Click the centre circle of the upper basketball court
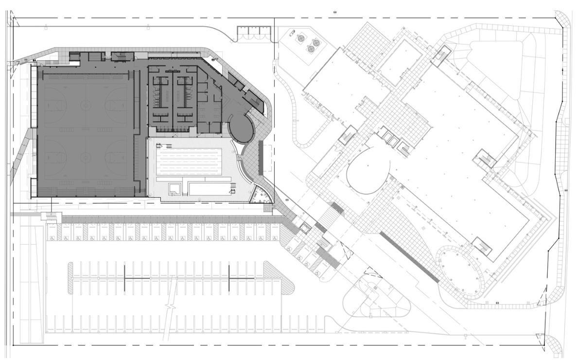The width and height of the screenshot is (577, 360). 86,104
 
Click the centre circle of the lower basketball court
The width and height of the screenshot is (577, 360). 86,157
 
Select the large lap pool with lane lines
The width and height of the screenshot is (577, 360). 189,160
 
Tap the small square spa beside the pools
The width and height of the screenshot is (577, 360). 174,188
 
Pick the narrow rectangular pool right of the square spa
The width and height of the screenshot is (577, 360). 208,188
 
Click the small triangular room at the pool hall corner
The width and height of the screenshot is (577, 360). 258,196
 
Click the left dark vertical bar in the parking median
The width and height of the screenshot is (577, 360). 124,278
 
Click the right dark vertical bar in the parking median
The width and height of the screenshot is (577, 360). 229,278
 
